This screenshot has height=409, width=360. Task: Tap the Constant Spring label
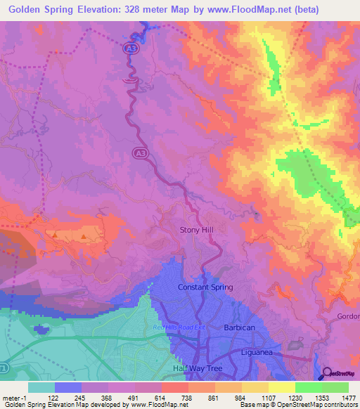[205, 287]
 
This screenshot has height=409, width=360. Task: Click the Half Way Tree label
[196, 368]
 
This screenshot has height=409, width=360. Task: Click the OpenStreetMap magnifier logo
[327, 374]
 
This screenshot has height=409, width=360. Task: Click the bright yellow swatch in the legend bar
[281, 387]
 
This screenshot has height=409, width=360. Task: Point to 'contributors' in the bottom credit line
[339, 405]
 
